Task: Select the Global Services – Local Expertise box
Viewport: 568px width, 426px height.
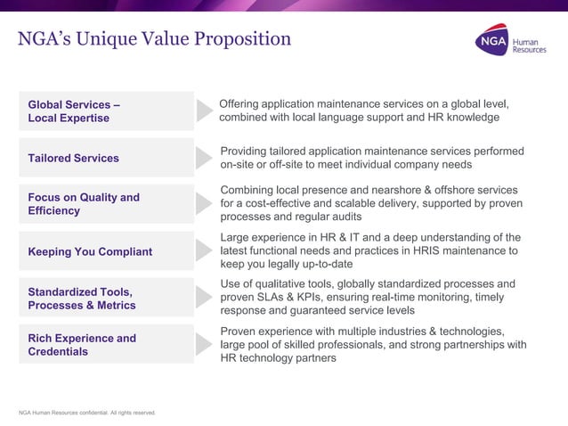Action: click(x=106, y=111)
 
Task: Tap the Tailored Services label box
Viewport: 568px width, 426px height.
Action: click(x=106, y=158)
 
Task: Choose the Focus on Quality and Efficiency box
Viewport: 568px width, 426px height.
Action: click(x=106, y=204)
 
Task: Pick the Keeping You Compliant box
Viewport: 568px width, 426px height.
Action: click(x=106, y=251)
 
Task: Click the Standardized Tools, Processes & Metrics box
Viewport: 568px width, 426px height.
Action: click(x=106, y=298)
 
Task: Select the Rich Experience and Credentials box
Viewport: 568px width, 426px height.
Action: click(x=106, y=345)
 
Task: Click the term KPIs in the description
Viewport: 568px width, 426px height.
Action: click(x=311, y=298)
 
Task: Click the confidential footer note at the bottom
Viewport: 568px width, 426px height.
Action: click(x=86, y=412)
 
